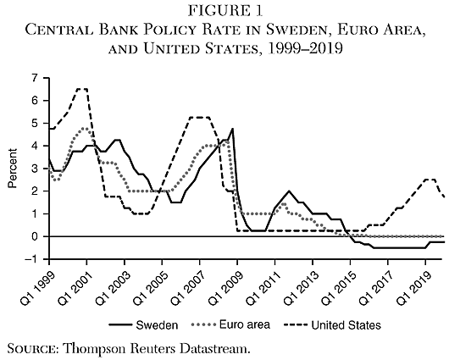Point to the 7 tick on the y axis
click(35, 78)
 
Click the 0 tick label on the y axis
click(35, 236)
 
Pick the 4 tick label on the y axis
click(35, 146)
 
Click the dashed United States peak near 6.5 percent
click(82, 89)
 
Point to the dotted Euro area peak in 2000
click(86, 129)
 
